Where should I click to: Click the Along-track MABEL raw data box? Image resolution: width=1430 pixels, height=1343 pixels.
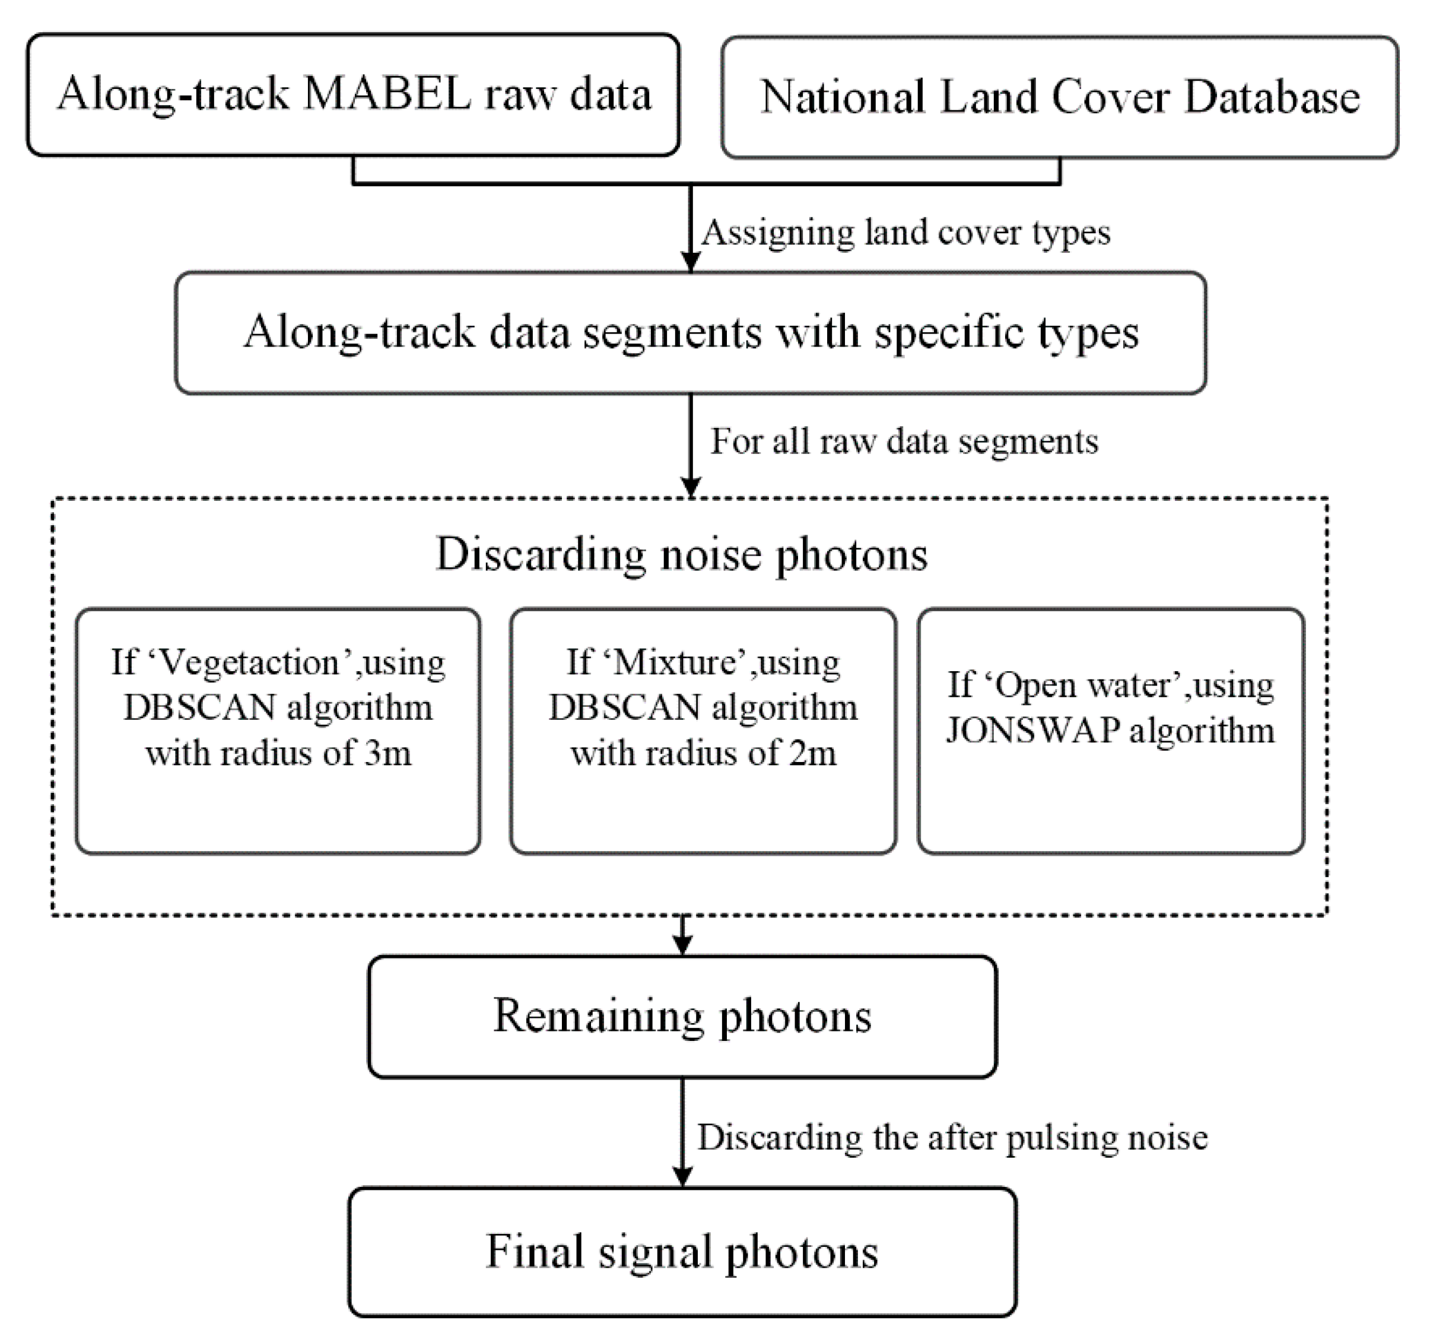353,94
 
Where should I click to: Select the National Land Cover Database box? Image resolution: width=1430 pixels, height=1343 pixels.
1060,97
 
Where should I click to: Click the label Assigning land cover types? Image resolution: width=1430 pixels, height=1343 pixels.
905,233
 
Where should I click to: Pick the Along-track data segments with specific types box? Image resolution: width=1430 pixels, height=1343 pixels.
691,332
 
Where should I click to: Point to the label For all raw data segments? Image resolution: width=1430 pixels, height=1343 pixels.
904,441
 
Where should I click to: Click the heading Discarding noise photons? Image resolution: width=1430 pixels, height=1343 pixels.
681,555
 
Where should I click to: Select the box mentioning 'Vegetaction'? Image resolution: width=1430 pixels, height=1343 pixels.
278,730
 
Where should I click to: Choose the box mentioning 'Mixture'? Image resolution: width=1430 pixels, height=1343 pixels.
703,730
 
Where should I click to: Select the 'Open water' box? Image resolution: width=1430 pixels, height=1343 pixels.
1110,730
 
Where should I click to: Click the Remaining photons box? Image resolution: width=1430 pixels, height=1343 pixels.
682,1017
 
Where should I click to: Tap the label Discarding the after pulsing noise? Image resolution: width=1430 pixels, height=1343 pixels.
952,1137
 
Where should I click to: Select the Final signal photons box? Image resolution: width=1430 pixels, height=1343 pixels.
682,1252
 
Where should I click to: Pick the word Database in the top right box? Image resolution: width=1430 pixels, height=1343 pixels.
1272,97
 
